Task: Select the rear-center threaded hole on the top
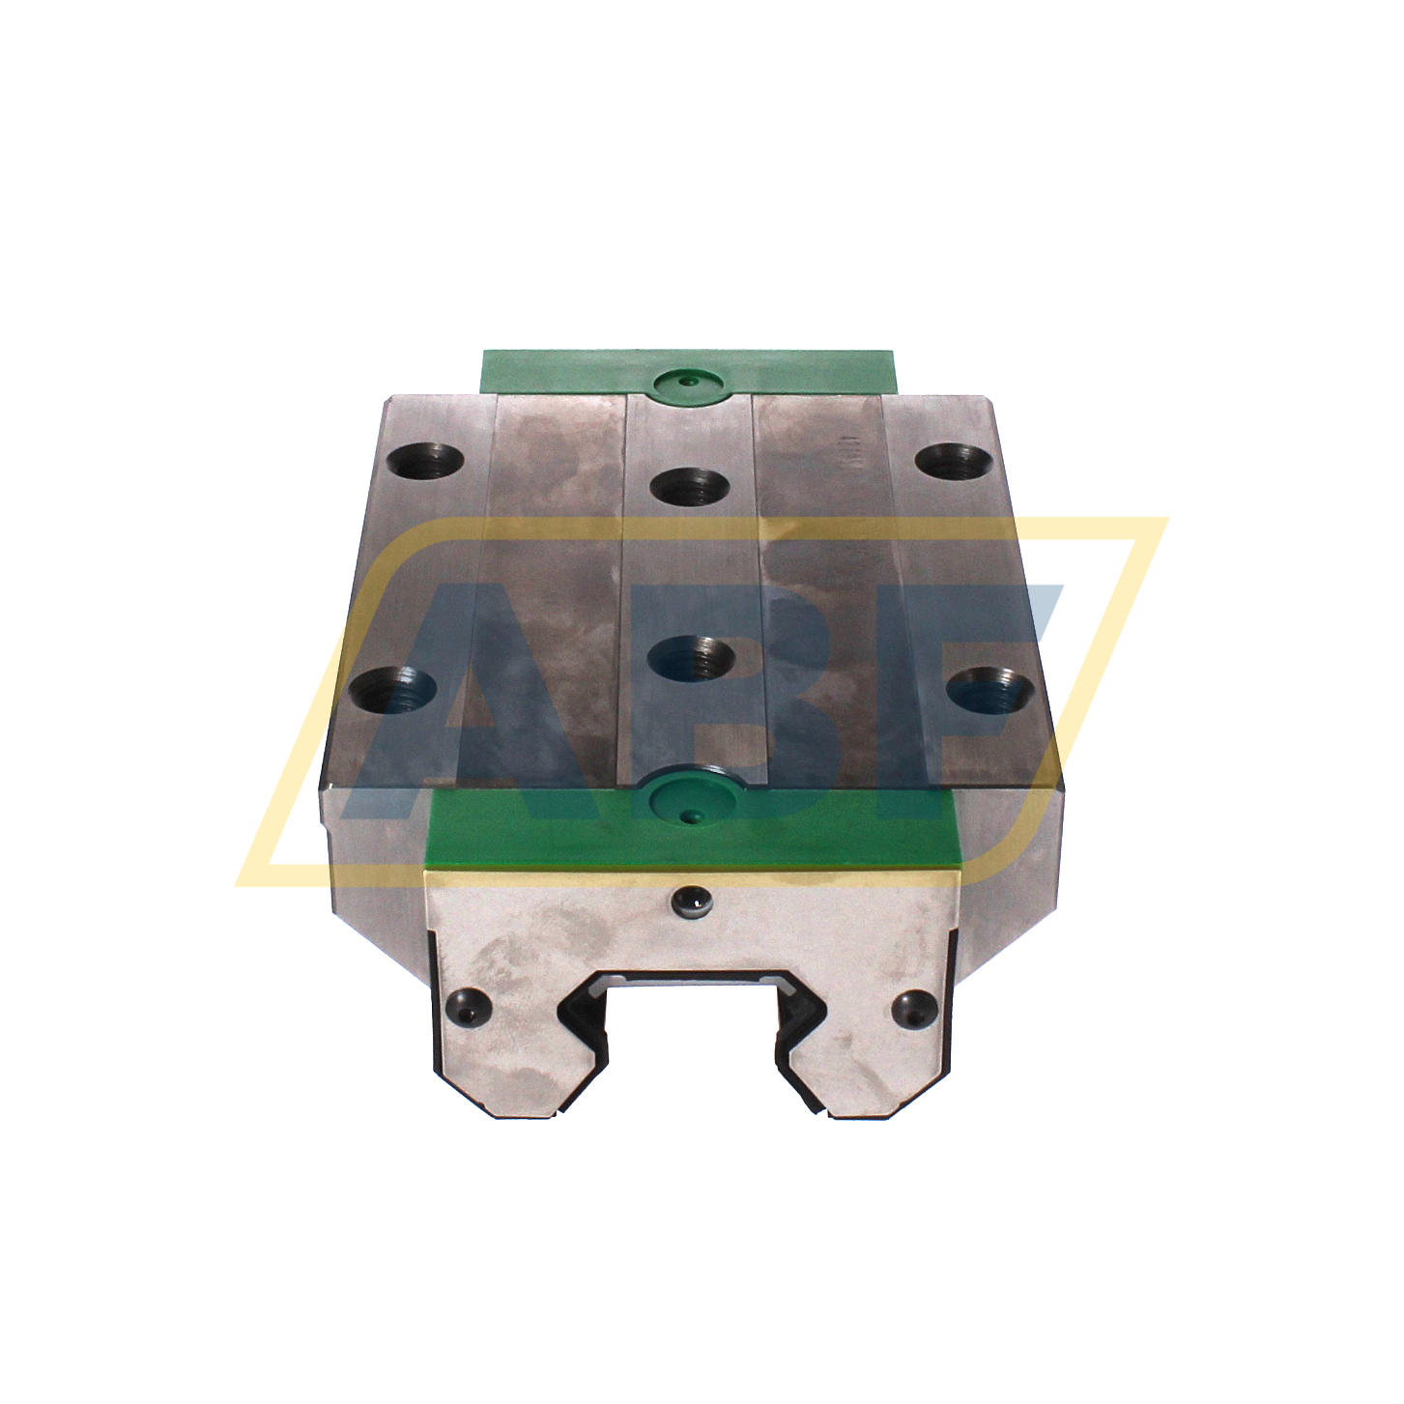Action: [x=689, y=485]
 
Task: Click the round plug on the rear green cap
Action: [x=688, y=382]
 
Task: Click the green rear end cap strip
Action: [x=580, y=372]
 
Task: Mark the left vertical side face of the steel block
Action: [x=372, y=841]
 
